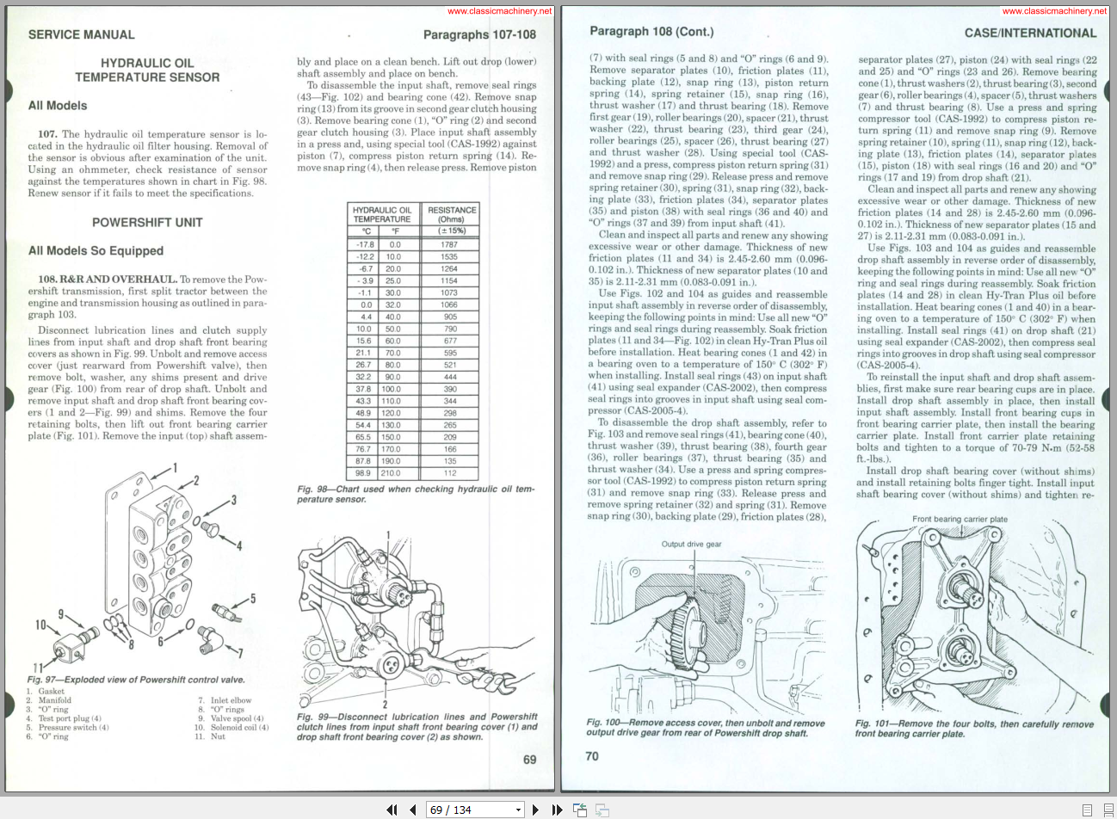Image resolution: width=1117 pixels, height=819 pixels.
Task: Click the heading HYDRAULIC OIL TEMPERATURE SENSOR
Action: point(147,70)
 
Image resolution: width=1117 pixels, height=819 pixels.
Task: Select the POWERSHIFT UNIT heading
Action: point(147,222)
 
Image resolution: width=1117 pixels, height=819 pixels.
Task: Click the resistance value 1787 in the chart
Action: point(450,244)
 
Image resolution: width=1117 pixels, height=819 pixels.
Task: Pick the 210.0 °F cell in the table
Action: point(392,473)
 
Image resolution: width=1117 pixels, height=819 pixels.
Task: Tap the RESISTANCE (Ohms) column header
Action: point(452,214)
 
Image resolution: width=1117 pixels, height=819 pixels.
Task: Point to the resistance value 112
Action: point(450,473)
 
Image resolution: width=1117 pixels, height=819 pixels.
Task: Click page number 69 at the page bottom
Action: point(529,760)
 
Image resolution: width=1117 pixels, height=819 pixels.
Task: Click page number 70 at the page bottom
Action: point(592,756)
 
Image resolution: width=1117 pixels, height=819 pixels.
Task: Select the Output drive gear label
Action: point(691,544)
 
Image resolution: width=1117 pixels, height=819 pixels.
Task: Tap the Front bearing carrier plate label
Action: point(960,520)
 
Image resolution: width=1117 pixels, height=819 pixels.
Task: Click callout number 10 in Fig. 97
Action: point(40,625)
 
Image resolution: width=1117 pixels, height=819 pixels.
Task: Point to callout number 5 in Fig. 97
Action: point(252,598)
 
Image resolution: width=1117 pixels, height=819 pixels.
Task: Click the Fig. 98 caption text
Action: point(416,494)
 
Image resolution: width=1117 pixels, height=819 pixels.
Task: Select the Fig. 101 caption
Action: point(974,729)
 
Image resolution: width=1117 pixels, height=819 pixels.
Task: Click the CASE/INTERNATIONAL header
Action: point(1030,34)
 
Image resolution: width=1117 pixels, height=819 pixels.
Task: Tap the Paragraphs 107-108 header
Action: point(479,34)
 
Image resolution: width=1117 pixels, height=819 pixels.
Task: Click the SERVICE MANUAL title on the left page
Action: point(82,34)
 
